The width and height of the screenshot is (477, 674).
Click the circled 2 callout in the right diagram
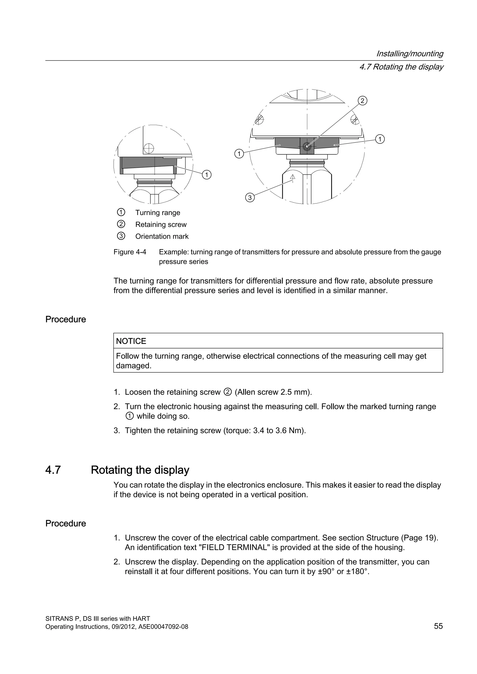(x=362, y=101)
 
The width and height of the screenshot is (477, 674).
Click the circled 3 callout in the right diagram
(x=250, y=198)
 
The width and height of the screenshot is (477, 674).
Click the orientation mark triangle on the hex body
(x=292, y=177)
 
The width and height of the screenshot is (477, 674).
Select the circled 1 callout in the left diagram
(x=207, y=175)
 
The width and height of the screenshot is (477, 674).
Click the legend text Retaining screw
(x=161, y=225)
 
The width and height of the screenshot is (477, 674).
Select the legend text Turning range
(x=158, y=212)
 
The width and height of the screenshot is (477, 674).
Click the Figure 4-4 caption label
(x=130, y=252)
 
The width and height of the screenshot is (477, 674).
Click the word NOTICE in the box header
(x=131, y=341)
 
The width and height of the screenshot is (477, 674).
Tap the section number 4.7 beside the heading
(x=53, y=470)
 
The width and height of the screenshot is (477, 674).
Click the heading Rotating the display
(x=140, y=470)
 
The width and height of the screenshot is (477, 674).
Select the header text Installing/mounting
(x=410, y=54)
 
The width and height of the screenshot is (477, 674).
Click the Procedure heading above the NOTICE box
(x=66, y=319)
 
